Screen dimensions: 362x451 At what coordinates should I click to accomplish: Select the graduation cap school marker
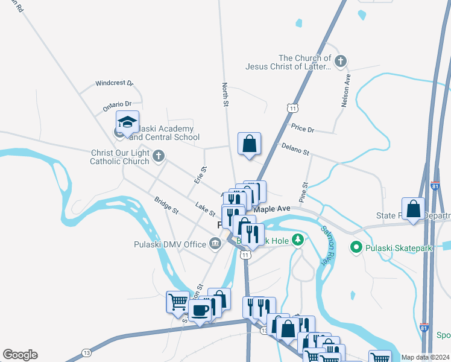[x=127, y=123]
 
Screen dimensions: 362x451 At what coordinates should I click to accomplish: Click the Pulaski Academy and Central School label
[x=164, y=133]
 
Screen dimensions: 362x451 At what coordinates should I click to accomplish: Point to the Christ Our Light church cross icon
[x=159, y=157]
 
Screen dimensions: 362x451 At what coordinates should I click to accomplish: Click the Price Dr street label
[x=303, y=129]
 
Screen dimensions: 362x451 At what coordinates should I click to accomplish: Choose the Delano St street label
[x=295, y=148]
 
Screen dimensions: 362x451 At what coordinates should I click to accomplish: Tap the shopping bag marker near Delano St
[x=249, y=144]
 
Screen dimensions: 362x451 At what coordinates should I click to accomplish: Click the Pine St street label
[x=303, y=192]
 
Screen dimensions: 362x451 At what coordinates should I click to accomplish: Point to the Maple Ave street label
[x=272, y=209]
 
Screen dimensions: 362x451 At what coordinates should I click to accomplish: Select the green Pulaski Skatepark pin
[x=356, y=247]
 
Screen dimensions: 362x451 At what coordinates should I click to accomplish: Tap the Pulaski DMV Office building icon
[x=215, y=244]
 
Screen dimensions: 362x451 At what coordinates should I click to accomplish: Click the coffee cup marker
[x=200, y=310]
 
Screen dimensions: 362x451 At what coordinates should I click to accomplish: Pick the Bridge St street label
[x=166, y=205]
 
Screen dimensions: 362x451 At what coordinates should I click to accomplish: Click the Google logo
[x=20, y=355]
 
